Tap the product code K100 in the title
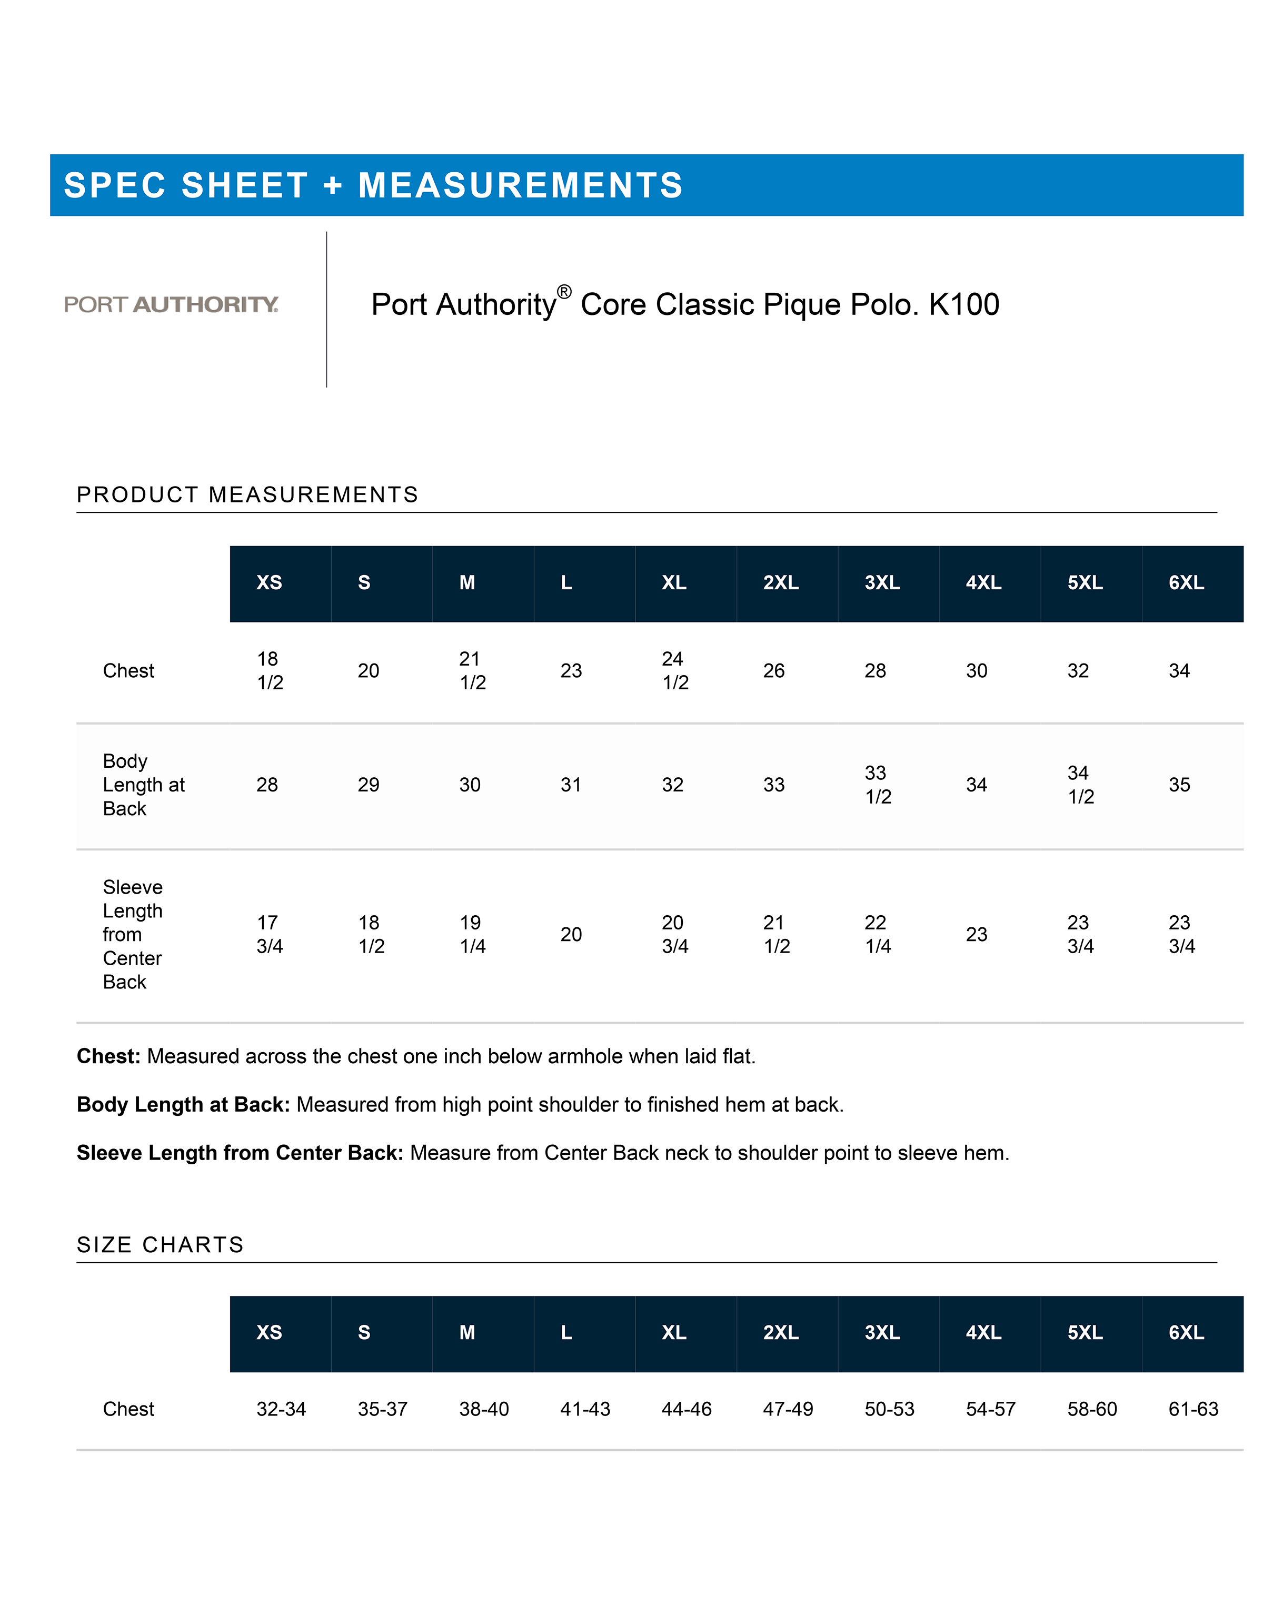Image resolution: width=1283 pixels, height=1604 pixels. (963, 304)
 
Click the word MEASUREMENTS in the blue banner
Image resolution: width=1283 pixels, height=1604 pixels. (520, 185)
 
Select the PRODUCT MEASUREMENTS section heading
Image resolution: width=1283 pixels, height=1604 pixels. (247, 495)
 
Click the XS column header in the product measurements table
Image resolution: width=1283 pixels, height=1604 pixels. (268, 582)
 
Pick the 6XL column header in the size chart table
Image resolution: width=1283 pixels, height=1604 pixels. (1186, 1332)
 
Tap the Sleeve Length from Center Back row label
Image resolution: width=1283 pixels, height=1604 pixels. (132, 934)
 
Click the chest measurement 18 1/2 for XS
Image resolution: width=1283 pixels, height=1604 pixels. (269, 670)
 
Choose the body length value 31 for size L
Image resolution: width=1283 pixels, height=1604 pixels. (571, 785)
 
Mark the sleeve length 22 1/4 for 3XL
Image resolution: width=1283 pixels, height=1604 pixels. (877, 934)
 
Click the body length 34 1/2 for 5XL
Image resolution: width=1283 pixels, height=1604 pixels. (1080, 785)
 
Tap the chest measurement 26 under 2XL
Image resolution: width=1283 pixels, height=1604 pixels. (773, 671)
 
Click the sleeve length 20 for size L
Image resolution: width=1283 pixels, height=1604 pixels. (571, 934)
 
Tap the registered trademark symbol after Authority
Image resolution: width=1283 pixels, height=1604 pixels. (564, 292)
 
